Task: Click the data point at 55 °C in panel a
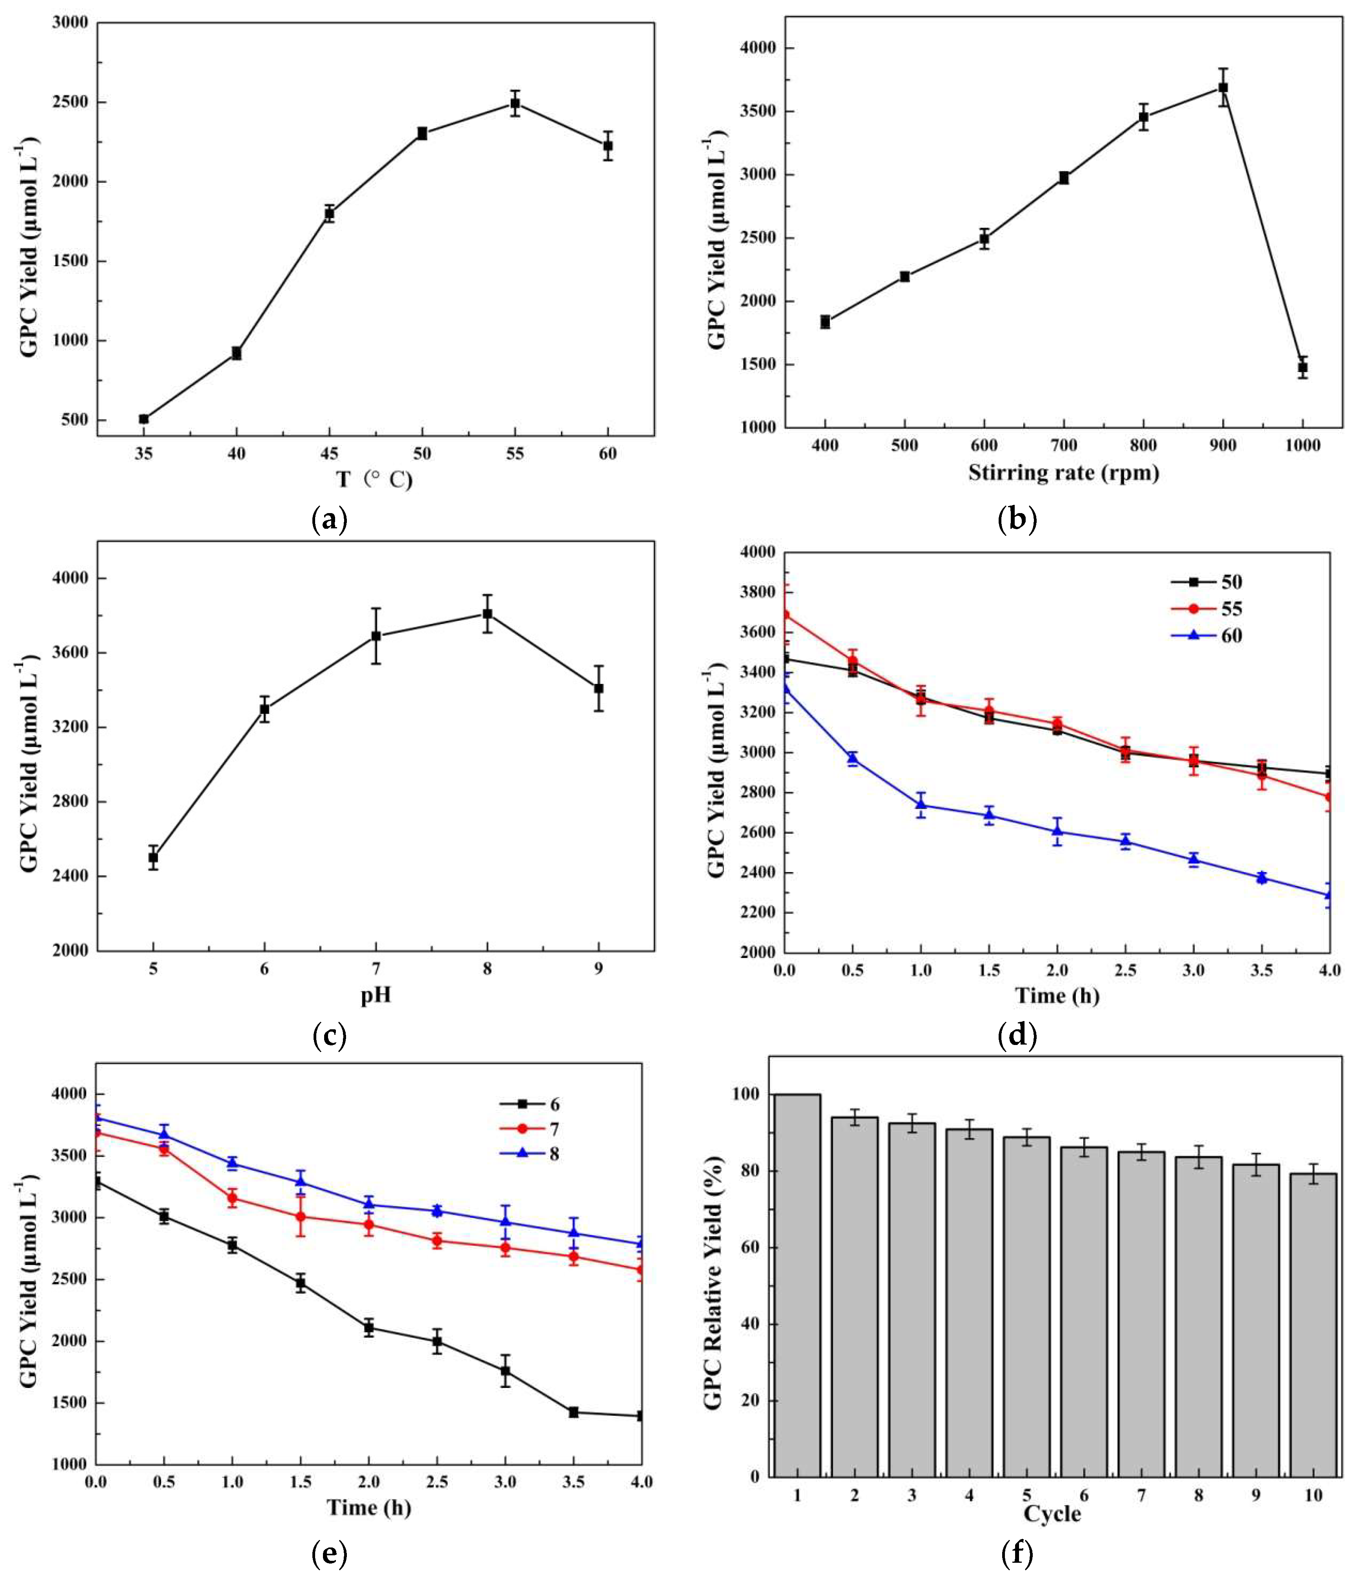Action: (x=515, y=103)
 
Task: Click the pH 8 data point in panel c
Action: (x=487, y=614)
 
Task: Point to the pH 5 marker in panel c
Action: (x=153, y=857)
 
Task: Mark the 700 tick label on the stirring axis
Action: (x=1063, y=445)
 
